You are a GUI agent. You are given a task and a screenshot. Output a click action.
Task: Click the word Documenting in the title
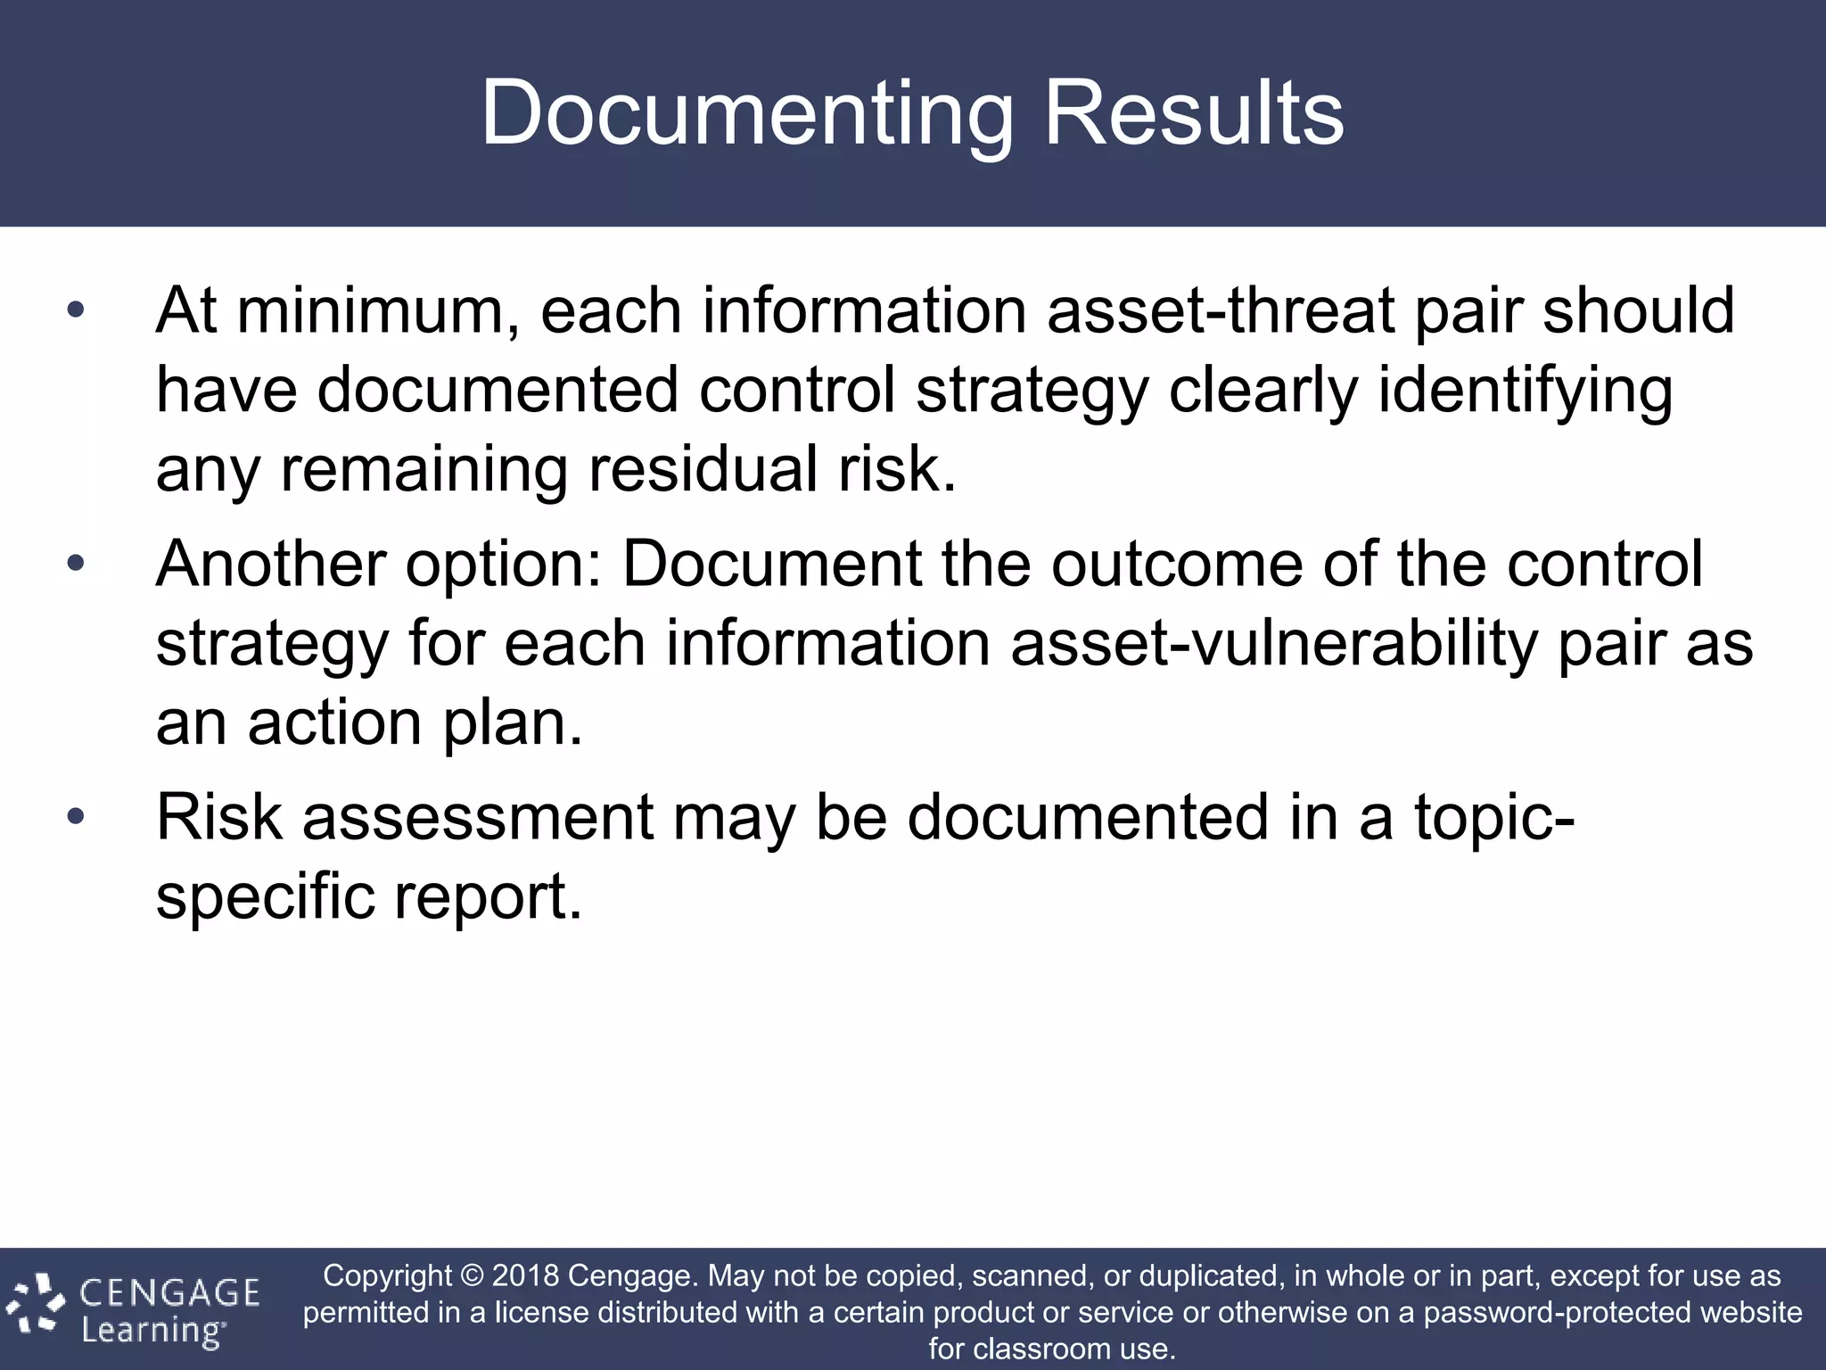tap(747, 114)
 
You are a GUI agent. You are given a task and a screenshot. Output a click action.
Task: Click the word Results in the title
tap(1193, 114)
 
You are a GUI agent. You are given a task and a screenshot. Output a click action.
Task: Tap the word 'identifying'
tap(1525, 391)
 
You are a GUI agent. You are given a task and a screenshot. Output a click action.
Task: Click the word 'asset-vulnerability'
tap(1275, 643)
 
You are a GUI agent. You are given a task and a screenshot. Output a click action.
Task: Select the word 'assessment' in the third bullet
tap(478, 816)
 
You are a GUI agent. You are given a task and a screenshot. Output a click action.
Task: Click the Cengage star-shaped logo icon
tap(36, 1304)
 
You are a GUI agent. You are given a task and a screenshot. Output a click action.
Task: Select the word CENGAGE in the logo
tap(169, 1292)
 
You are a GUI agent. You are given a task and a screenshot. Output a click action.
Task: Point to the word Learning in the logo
tap(152, 1331)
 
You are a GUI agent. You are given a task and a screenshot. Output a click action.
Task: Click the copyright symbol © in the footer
tap(472, 1275)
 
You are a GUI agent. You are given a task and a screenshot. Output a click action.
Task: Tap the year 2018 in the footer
tap(525, 1275)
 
